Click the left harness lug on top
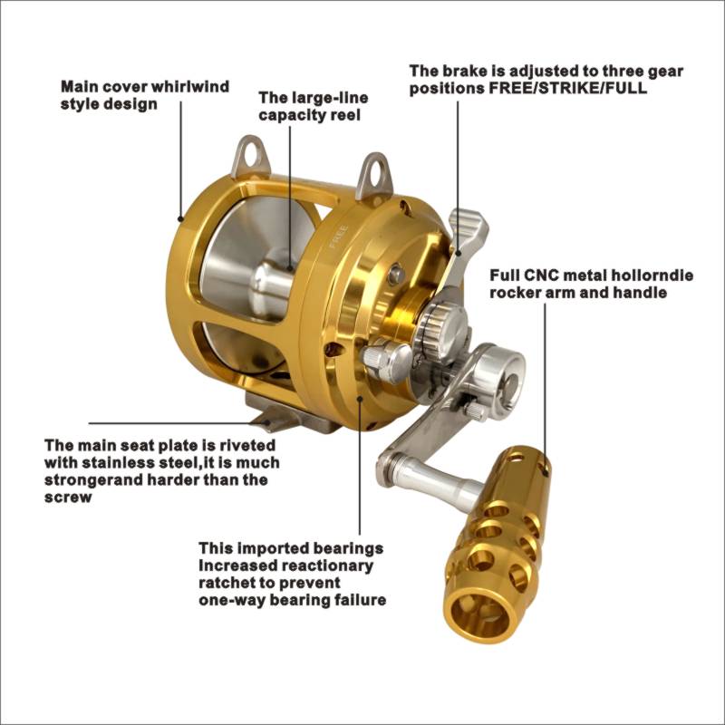pyautogui.click(x=250, y=157)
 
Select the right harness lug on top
pyautogui.click(x=374, y=175)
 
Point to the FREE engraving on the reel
pyautogui.click(x=338, y=237)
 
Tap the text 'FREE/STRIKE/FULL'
pyautogui.click(x=568, y=88)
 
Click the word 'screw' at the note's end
pyautogui.click(x=68, y=498)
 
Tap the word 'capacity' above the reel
pyautogui.click(x=291, y=115)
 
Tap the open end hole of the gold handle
pyautogui.click(x=479, y=615)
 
